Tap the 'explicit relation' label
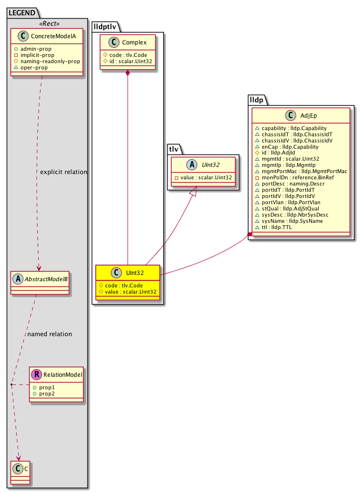(64, 172)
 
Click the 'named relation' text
(50, 334)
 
